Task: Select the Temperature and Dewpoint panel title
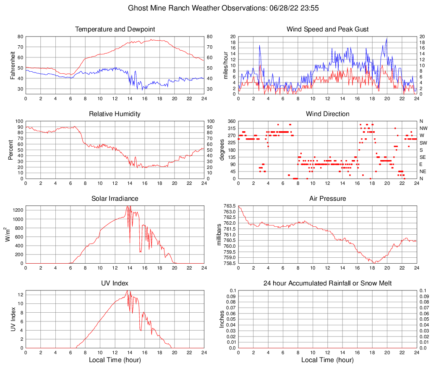(115, 29)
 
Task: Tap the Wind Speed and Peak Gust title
(328, 29)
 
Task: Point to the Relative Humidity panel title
(115, 114)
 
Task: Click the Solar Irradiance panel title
(115, 198)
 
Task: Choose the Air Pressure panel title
(328, 198)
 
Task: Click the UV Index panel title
(115, 283)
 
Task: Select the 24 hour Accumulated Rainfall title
(328, 283)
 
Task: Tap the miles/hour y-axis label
(225, 65)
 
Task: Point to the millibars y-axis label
(219, 235)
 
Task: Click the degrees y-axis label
(222, 150)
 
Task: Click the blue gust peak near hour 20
(387, 38)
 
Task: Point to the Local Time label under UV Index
(115, 360)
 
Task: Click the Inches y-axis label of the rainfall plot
(222, 319)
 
